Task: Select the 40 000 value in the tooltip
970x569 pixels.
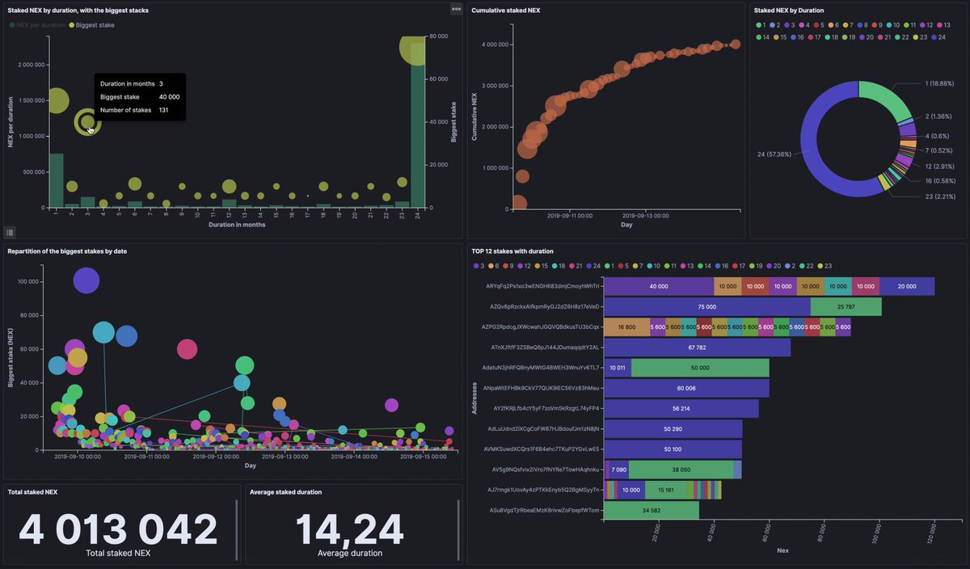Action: point(169,97)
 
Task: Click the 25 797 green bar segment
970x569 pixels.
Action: point(846,307)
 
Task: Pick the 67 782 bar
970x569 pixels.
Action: point(697,348)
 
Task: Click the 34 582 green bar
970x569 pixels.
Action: point(651,511)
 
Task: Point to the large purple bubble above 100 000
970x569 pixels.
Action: point(86,280)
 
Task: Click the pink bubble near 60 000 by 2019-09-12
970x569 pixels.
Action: point(187,349)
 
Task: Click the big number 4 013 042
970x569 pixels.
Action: point(118,529)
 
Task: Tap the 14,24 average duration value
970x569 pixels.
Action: point(349,529)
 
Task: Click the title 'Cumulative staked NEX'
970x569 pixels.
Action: point(507,11)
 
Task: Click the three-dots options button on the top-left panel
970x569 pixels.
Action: point(456,9)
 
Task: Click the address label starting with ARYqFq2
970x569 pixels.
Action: point(542,286)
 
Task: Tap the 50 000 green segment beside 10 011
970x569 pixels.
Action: point(699,368)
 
